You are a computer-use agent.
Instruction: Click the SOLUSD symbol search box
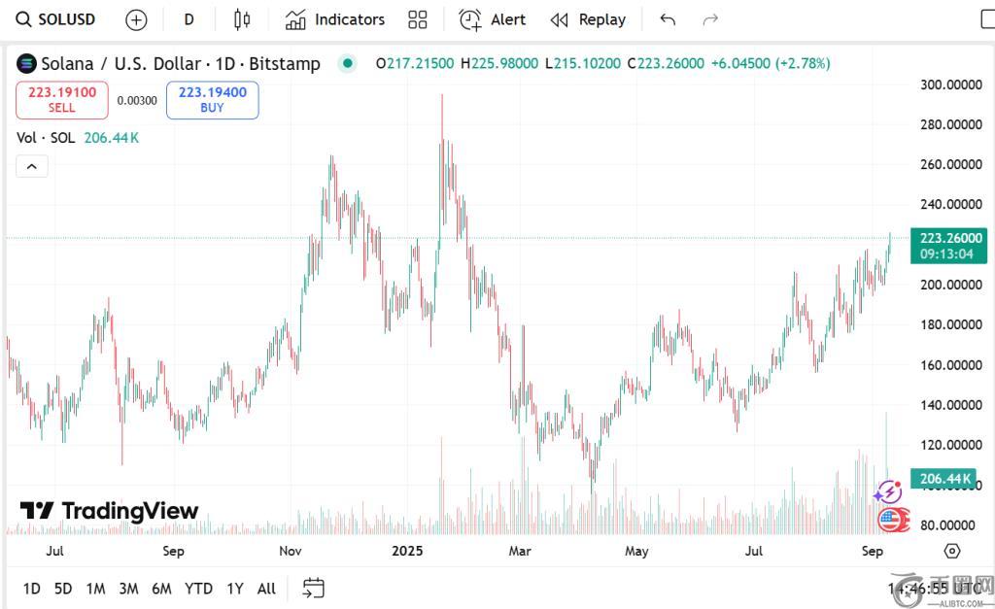pos(56,19)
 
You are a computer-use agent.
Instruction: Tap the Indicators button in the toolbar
pos(335,19)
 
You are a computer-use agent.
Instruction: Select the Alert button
pos(493,19)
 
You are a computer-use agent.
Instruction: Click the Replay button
pos(588,19)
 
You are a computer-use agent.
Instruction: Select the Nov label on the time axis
pos(290,551)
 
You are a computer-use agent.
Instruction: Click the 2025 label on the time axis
pos(407,551)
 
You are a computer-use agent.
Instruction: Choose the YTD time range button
pos(198,589)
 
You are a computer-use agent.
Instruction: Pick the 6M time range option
pos(161,589)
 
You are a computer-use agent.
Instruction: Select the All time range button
pos(266,589)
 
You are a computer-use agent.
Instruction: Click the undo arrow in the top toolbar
pos(668,19)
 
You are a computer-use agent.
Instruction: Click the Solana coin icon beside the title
pos(26,64)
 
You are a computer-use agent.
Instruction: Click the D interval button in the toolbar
pos(189,19)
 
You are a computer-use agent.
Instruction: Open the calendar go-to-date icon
pos(313,588)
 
